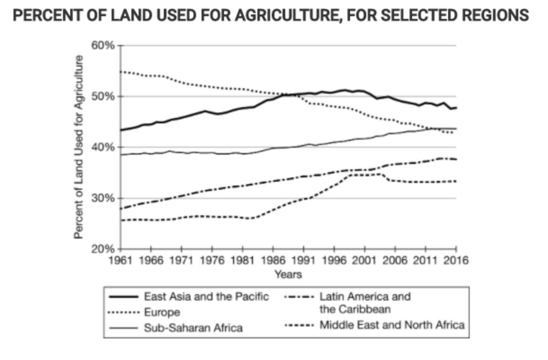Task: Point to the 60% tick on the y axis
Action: [104, 45]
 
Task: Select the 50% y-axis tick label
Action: [104, 96]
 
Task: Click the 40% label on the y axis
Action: [104, 147]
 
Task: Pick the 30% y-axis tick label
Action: [104, 198]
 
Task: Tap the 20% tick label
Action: [104, 249]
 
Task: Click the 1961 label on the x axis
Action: [121, 261]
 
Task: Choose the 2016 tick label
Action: [456, 261]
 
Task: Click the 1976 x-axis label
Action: [212, 261]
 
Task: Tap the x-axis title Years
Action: [288, 274]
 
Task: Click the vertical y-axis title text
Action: [79, 147]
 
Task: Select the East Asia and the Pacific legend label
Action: [206, 297]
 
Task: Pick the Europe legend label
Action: [162, 312]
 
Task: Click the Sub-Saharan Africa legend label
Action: [193, 328]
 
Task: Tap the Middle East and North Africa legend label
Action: [391, 325]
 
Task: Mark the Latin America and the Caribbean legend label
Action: [364, 303]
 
